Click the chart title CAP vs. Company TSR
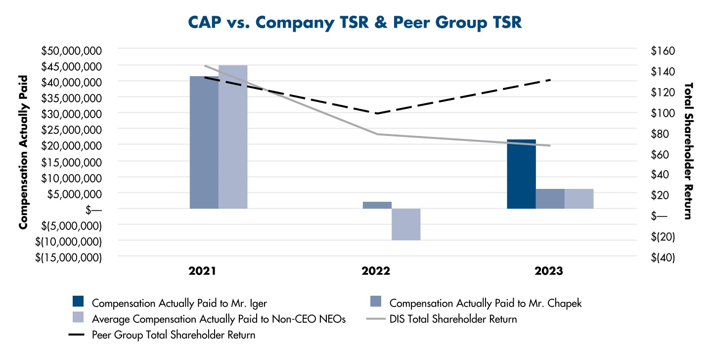[355, 23]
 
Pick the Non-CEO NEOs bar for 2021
[233, 137]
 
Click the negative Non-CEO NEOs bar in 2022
[406, 224]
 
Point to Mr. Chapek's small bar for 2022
[377, 205]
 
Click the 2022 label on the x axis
[376, 271]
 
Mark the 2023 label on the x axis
[549, 271]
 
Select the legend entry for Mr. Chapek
[485, 303]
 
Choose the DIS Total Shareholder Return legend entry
[453, 319]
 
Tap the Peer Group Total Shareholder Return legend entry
[174, 335]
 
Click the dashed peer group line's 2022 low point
[377, 113]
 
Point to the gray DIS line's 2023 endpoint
[550, 145]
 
